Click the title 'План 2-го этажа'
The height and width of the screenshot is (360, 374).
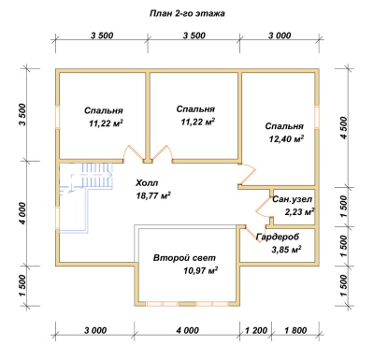[x=187, y=14]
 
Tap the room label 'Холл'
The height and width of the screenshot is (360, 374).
[x=147, y=183]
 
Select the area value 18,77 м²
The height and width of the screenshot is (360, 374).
[x=153, y=195]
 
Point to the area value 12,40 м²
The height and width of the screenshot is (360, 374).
[x=287, y=139]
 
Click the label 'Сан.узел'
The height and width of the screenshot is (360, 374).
[x=292, y=199]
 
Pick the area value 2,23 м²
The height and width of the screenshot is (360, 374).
[x=299, y=212]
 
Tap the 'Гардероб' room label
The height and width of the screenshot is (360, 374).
[x=278, y=238]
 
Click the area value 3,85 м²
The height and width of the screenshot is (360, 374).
[x=286, y=250]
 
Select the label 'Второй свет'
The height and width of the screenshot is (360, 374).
[x=184, y=258]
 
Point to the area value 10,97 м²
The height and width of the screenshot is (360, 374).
[x=200, y=270]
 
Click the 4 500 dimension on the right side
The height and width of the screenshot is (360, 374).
[x=343, y=128]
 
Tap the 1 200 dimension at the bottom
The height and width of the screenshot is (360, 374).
[x=256, y=330]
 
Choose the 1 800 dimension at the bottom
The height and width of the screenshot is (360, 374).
[x=295, y=330]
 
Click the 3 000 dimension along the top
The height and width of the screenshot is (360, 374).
[x=280, y=36]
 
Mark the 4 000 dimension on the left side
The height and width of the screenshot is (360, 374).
[x=22, y=213]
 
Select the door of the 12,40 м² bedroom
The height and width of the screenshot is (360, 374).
[x=247, y=174]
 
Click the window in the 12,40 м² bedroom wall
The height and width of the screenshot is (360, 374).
[x=317, y=118]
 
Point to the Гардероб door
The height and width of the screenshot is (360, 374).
[x=253, y=233]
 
